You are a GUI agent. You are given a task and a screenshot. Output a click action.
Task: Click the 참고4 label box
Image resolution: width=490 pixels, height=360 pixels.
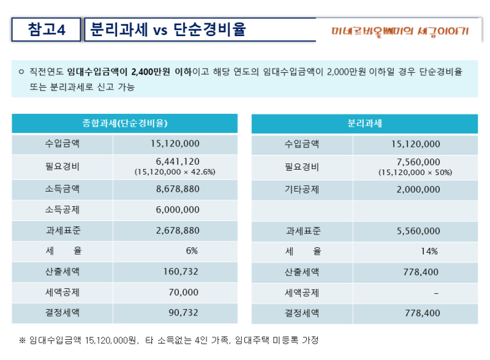[x=47, y=29]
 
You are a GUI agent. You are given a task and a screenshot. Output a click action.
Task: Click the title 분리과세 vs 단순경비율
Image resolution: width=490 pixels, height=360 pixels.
[x=168, y=29]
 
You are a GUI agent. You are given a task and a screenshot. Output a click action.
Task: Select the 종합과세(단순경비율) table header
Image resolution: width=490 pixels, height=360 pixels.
[x=125, y=123]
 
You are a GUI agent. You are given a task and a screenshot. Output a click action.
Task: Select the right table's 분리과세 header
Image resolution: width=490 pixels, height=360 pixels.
[x=364, y=123]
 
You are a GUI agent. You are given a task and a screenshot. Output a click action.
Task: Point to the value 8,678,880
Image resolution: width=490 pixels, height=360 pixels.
[x=178, y=189]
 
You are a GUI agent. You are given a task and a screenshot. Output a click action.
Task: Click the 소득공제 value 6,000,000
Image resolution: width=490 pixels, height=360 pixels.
[x=178, y=210]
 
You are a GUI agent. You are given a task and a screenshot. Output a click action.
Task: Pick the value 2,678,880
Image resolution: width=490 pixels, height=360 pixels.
[x=178, y=231]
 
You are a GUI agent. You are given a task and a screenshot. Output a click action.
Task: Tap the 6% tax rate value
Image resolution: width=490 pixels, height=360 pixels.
[x=192, y=251]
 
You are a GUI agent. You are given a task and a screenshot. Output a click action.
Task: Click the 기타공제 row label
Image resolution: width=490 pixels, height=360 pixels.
[x=302, y=189]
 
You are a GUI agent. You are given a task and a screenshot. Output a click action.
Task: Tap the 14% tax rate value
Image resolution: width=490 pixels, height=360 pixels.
[x=429, y=251]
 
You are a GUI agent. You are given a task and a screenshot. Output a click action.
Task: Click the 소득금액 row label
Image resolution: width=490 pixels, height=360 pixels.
[x=62, y=189]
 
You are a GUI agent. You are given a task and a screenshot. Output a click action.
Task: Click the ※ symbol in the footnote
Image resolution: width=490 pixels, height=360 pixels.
[x=23, y=340]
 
